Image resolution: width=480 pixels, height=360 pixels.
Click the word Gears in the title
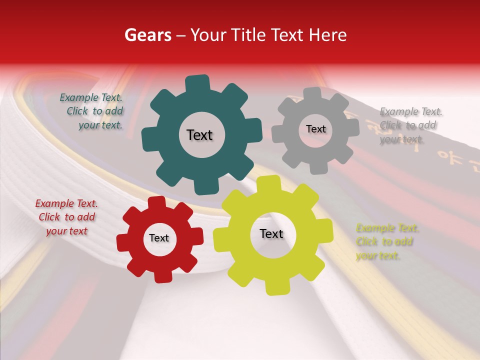pyautogui.click(x=147, y=35)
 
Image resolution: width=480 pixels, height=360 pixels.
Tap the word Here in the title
pyautogui.click(x=328, y=35)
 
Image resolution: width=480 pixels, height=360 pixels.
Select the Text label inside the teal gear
pyautogui.click(x=199, y=135)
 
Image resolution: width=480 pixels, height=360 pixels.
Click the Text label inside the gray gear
pyautogui.click(x=315, y=129)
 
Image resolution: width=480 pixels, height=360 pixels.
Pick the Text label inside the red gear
pyautogui.click(x=159, y=238)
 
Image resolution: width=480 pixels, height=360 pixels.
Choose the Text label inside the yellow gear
pyautogui.click(x=271, y=233)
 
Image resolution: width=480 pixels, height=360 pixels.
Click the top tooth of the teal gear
pyautogui.click(x=197, y=83)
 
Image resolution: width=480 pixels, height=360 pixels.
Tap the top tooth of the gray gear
pyautogui.click(x=312, y=94)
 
